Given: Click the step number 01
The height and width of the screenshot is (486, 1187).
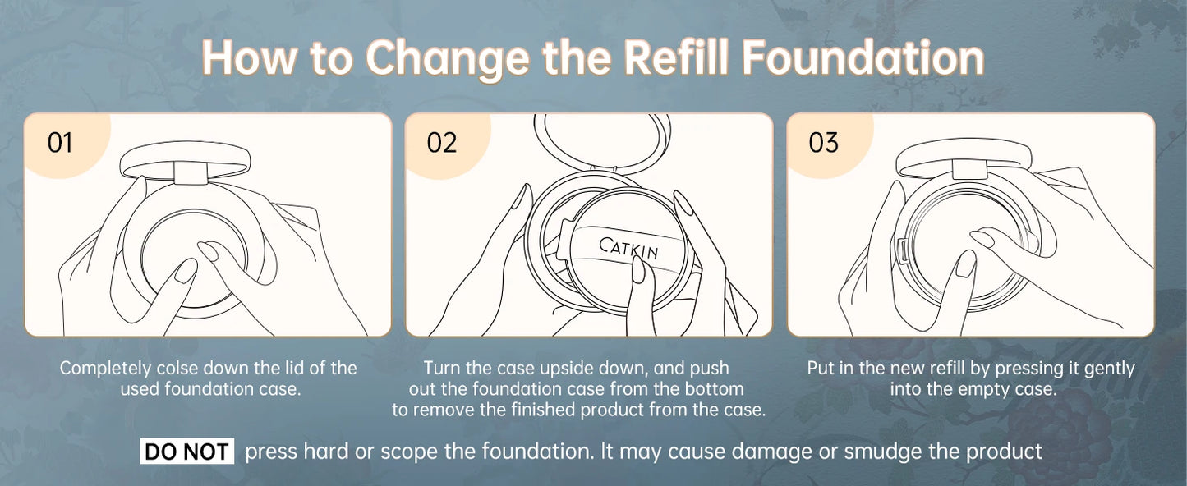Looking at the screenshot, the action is (60, 143).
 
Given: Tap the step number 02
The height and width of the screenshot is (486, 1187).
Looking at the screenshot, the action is (441, 143).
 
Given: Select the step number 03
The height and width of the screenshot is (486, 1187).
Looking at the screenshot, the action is (823, 143).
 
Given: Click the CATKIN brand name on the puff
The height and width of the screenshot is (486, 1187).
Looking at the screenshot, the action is (628, 248).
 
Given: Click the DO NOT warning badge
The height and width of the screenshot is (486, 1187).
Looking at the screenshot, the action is (187, 452).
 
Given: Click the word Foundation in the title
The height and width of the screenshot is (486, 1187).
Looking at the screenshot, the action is (863, 57).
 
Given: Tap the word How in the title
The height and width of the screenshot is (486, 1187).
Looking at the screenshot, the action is (249, 57).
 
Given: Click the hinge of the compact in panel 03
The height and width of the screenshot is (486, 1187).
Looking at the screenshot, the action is (970, 169).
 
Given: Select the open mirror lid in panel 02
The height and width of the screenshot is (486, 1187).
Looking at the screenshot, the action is (602, 142).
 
